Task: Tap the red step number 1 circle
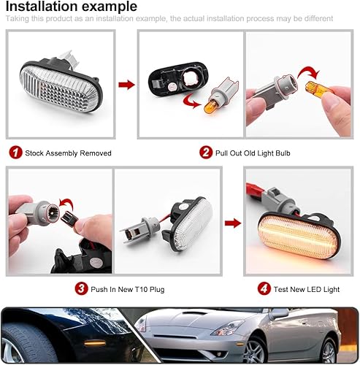15,153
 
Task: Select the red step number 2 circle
206,153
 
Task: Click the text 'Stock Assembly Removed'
68,153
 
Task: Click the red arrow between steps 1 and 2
126,85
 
